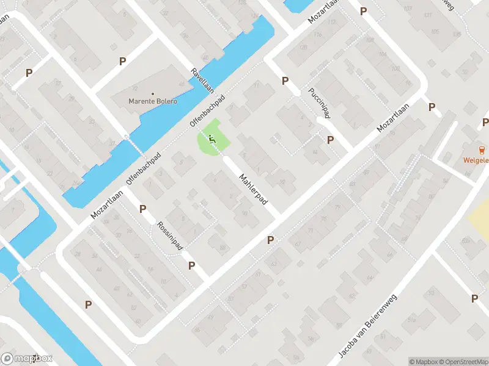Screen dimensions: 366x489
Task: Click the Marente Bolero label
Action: (x=153, y=101)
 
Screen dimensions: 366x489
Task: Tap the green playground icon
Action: (x=212, y=140)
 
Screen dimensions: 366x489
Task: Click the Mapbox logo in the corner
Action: (x=27, y=359)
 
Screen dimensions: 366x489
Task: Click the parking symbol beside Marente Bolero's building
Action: (x=123, y=61)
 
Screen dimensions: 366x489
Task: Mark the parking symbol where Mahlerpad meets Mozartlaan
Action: (x=270, y=240)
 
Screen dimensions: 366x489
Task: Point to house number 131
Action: (x=427, y=15)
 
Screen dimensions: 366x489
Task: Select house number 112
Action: (x=332, y=22)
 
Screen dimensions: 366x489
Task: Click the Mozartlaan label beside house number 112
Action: (x=323, y=11)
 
